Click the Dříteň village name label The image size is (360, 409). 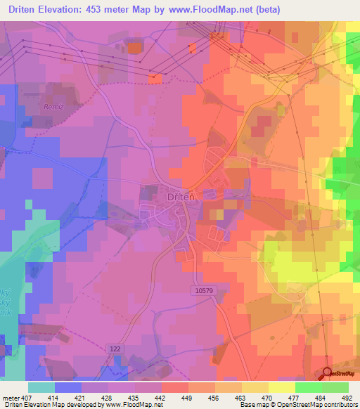181,197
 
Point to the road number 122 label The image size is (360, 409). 116,349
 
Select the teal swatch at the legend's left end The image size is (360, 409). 41,387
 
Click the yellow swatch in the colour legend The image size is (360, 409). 281,387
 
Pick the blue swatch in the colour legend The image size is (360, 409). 67,387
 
